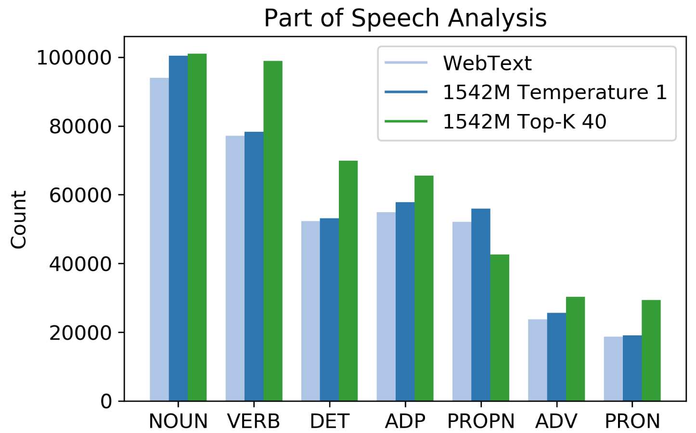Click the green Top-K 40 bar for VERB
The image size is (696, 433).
(273, 231)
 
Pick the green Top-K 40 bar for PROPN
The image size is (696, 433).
(500, 328)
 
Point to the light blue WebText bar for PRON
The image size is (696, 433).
(613, 369)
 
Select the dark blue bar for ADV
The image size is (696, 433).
(556, 357)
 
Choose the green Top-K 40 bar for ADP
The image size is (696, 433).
(424, 288)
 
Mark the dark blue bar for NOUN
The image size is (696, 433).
(178, 228)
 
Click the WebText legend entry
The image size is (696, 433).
(487, 63)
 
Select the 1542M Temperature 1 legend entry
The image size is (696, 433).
(554, 92)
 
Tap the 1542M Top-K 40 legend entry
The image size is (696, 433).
(524, 122)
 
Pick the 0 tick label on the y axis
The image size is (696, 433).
(106, 401)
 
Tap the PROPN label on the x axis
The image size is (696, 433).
(481, 421)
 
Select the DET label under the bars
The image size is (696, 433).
(329, 421)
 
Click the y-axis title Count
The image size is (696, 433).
(19, 219)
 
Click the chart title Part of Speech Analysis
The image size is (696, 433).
(405, 18)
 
